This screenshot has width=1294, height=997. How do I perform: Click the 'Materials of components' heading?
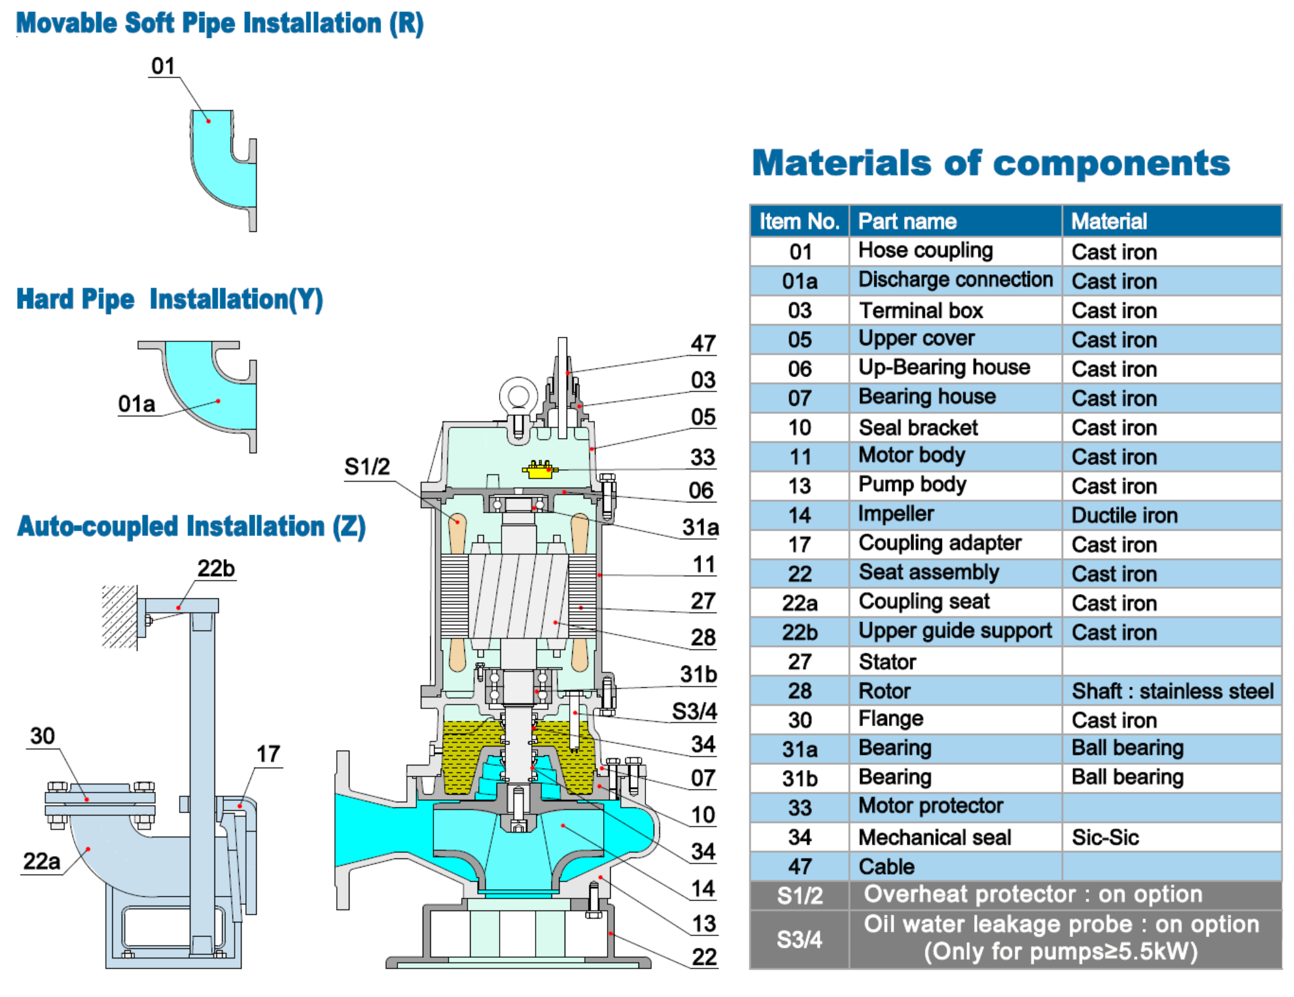[x=991, y=163]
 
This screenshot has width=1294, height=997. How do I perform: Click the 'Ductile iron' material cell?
[x=1124, y=515]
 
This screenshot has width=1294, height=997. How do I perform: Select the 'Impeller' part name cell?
[x=895, y=514]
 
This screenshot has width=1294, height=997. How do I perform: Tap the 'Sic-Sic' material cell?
[x=1105, y=837]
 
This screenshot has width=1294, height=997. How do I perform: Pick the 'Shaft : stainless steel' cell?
[x=1172, y=691]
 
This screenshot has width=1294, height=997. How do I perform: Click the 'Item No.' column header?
[x=799, y=221]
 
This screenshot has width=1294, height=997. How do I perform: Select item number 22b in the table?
[x=799, y=633]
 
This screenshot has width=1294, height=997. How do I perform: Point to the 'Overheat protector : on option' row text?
[x=1032, y=894]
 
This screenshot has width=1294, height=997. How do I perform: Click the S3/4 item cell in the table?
[x=799, y=940]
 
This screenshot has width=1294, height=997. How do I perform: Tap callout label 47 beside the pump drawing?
[x=703, y=344]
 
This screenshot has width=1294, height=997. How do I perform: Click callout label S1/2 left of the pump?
[x=367, y=467]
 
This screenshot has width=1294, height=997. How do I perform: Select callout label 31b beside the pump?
[x=698, y=675]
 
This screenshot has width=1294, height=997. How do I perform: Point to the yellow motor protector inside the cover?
[x=539, y=470]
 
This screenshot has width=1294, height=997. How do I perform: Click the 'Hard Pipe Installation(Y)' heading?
[x=169, y=299]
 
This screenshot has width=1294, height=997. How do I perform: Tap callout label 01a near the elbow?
[x=136, y=404]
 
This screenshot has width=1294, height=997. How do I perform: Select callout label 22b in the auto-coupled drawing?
[x=216, y=569]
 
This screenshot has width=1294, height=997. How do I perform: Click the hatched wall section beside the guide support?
[x=119, y=617]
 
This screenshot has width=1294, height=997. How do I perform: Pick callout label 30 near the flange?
[x=42, y=736]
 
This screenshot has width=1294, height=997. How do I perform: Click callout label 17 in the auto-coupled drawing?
[x=268, y=754]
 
